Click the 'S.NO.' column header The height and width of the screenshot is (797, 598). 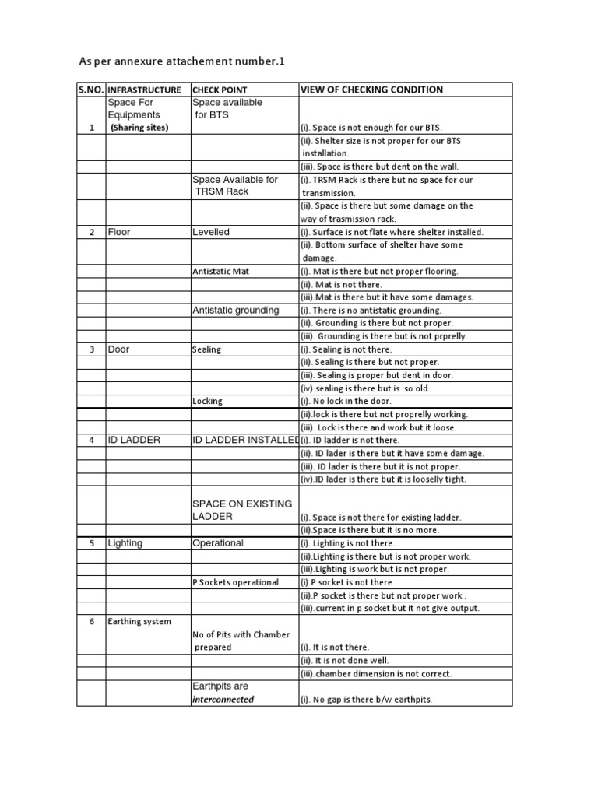tap(91, 90)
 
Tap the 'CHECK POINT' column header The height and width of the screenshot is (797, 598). tap(220, 90)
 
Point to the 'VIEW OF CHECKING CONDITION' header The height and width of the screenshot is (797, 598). tap(371, 90)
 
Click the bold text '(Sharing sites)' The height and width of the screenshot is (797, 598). tap(139, 128)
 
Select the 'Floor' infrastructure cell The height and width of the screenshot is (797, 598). tap(120, 232)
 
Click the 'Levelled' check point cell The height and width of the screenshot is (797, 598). tap(211, 232)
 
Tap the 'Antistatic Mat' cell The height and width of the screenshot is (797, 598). tap(220, 271)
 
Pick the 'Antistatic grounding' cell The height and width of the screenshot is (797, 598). tap(235, 310)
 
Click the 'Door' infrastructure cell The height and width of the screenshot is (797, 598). tap(120, 349)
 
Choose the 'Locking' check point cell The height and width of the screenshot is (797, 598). tap(207, 402)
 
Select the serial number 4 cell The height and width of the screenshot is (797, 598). tap(91, 441)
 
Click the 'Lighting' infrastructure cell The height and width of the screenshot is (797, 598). tap(125, 543)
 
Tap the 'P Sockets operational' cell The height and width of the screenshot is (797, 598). tap(235, 582)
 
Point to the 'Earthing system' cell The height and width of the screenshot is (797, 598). tap(139, 621)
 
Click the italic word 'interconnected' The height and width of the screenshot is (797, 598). tap(223, 699)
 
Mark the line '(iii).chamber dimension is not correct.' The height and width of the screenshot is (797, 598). tap(376, 673)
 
